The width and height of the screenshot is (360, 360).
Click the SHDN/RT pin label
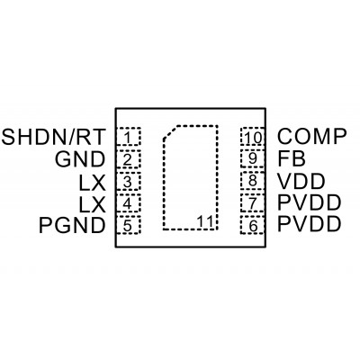[54, 137]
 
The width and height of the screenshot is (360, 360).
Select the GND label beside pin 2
[80, 159]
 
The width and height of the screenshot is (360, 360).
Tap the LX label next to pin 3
[93, 183]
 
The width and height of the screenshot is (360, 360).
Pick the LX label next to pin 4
[93, 204]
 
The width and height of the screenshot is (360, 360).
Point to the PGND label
[72, 225]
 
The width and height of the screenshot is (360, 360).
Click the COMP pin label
[312, 136]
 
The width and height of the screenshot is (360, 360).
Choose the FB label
[292, 158]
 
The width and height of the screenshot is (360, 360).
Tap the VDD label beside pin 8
[301, 181]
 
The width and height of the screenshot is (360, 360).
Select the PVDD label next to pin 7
[310, 202]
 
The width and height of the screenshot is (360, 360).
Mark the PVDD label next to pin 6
[310, 224]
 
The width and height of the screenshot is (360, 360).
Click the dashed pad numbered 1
[129, 137]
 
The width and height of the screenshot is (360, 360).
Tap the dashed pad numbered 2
[129, 159]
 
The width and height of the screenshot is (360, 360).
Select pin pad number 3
[129, 181]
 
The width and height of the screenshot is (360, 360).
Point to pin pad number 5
[129, 225]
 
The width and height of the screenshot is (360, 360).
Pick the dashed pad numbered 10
[253, 137]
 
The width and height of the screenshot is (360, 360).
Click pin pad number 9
[253, 159]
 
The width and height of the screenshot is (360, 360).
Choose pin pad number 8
[253, 181]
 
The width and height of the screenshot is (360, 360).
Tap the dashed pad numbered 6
[253, 225]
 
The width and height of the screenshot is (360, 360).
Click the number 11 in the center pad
[205, 222]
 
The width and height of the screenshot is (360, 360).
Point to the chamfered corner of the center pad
[170, 132]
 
